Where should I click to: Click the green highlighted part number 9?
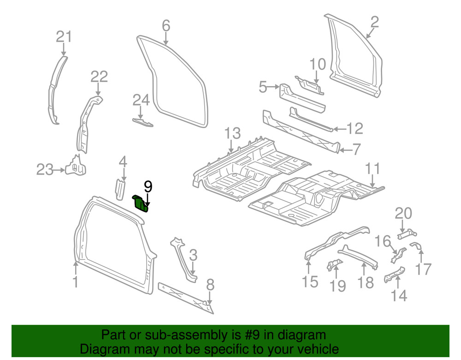click(140, 203)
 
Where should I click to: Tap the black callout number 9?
click(148, 186)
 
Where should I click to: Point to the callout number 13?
click(233, 134)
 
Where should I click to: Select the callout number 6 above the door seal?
click(166, 26)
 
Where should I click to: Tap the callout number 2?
click(374, 22)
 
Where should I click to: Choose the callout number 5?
click(263, 87)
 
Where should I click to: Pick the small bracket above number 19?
click(334, 265)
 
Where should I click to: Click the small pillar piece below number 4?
click(120, 189)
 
